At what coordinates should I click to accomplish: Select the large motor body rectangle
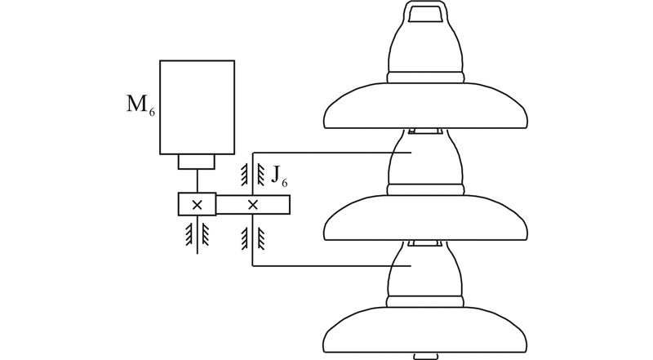(197, 106)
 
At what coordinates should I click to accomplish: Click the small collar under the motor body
(197, 162)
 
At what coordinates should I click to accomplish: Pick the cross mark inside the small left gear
(197, 204)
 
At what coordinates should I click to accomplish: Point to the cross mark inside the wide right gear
(253, 204)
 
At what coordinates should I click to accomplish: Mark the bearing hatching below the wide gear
(253, 238)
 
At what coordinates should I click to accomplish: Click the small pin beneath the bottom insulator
(427, 356)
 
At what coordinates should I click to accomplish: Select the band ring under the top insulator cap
(427, 78)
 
